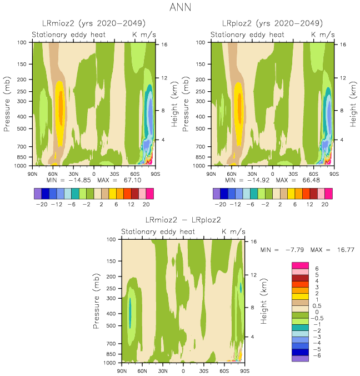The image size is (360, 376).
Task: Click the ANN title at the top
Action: click(x=179, y=8)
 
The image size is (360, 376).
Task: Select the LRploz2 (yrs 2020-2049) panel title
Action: click(x=272, y=23)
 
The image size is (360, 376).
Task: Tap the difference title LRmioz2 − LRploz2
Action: click(x=183, y=220)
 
